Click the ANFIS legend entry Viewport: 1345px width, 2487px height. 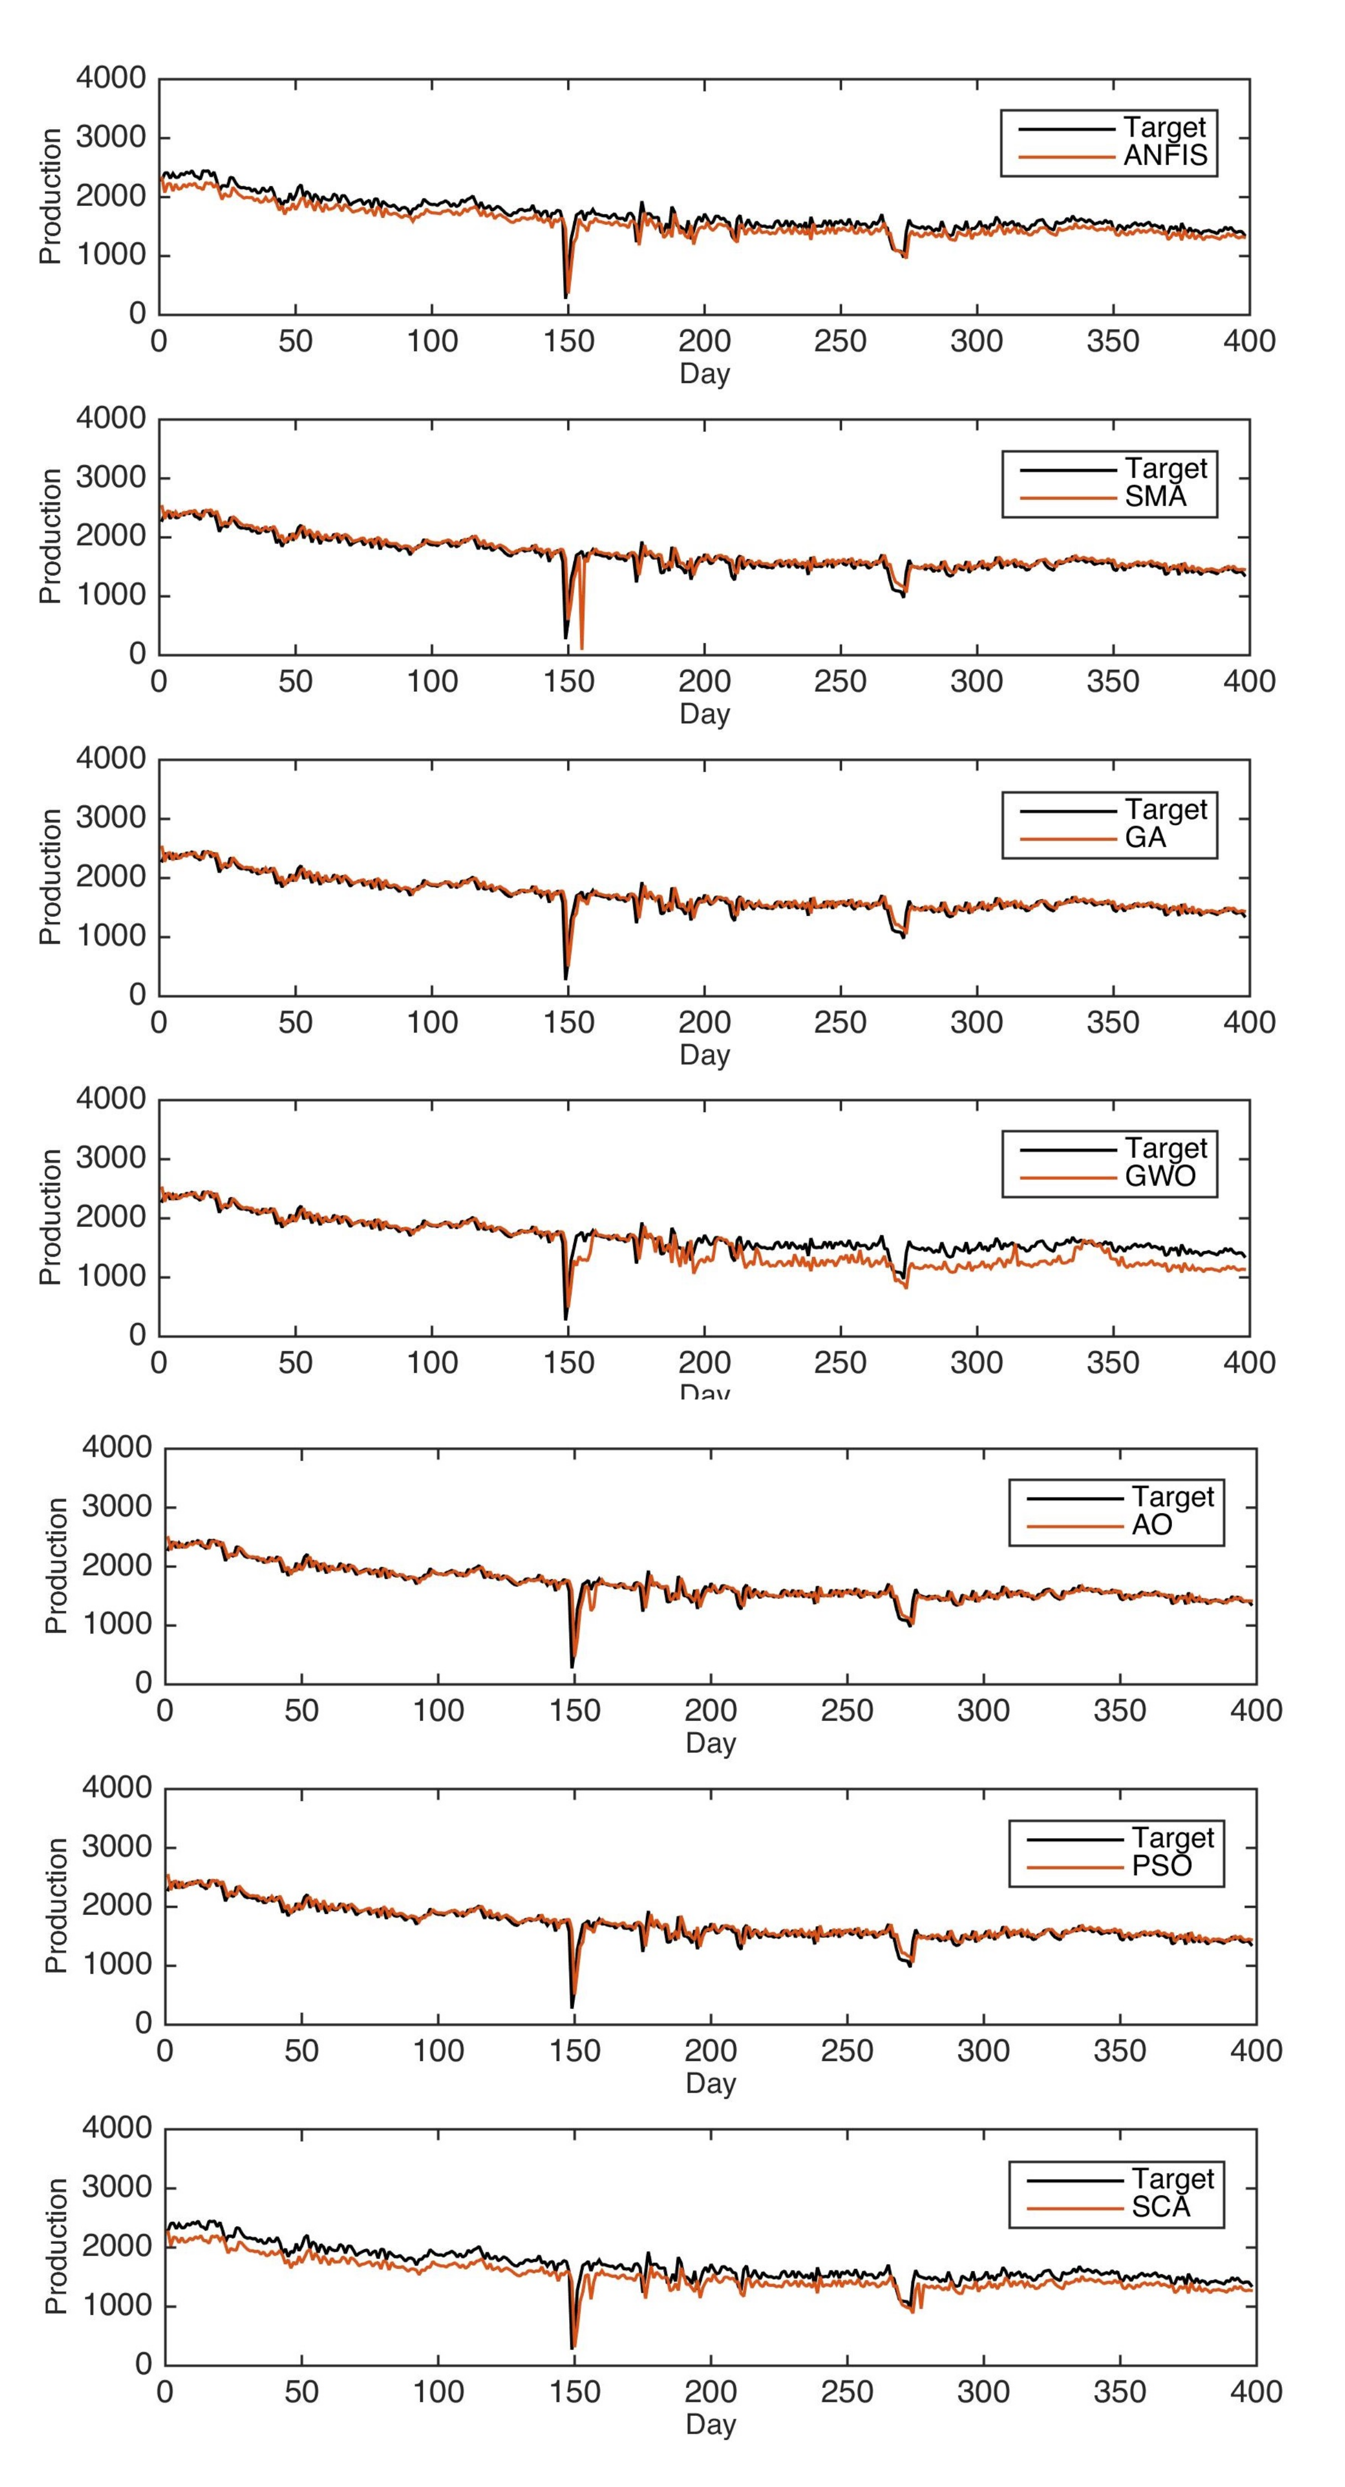point(1166,156)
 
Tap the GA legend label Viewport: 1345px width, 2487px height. point(1145,838)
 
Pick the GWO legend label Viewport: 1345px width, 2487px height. point(1159,1177)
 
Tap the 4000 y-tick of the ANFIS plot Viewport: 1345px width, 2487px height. point(111,78)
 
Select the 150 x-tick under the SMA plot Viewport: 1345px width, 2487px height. point(568,682)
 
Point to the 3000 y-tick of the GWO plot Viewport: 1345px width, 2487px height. point(111,1158)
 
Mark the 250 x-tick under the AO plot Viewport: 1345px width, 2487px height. point(847,1711)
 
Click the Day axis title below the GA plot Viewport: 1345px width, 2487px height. point(705,1054)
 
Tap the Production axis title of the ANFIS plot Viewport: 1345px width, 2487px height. point(50,196)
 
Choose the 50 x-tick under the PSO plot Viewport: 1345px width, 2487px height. point(301,2051)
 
